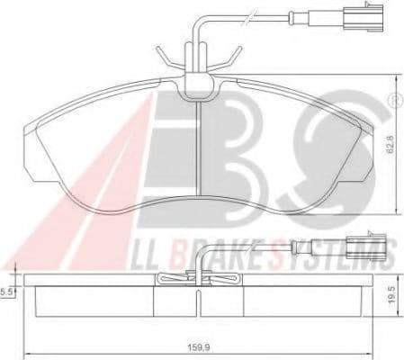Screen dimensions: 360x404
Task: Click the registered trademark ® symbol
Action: click(x=390, y=90)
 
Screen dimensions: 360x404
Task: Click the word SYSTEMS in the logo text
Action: click(x=333, y=252)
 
